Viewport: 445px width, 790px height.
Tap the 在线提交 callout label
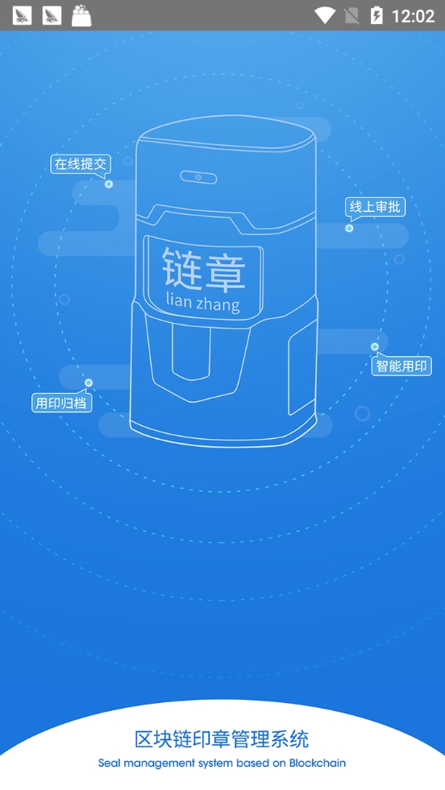click(81, 164)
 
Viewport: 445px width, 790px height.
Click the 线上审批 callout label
click(376, 207)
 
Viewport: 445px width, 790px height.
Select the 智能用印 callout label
click(402, 366)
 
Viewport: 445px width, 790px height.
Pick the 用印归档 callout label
click(62, 403)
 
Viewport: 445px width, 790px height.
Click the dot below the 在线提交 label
click(109, 184)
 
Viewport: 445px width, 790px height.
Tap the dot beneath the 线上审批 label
click(349, 228)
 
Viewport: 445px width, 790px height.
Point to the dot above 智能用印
click(375, 346)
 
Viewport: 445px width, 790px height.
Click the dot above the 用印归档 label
click(89, 383)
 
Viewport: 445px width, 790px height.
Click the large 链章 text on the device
click(204, 270)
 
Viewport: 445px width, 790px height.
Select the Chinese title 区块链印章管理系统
click(222, 739)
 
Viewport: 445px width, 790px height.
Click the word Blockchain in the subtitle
click(318, 763)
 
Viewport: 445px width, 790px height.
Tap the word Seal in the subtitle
click(108, 763)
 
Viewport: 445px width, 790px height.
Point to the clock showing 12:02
click(414, 16)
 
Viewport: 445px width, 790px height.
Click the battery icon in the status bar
click(376, 15)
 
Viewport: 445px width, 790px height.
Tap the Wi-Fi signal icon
click(324, 15)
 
